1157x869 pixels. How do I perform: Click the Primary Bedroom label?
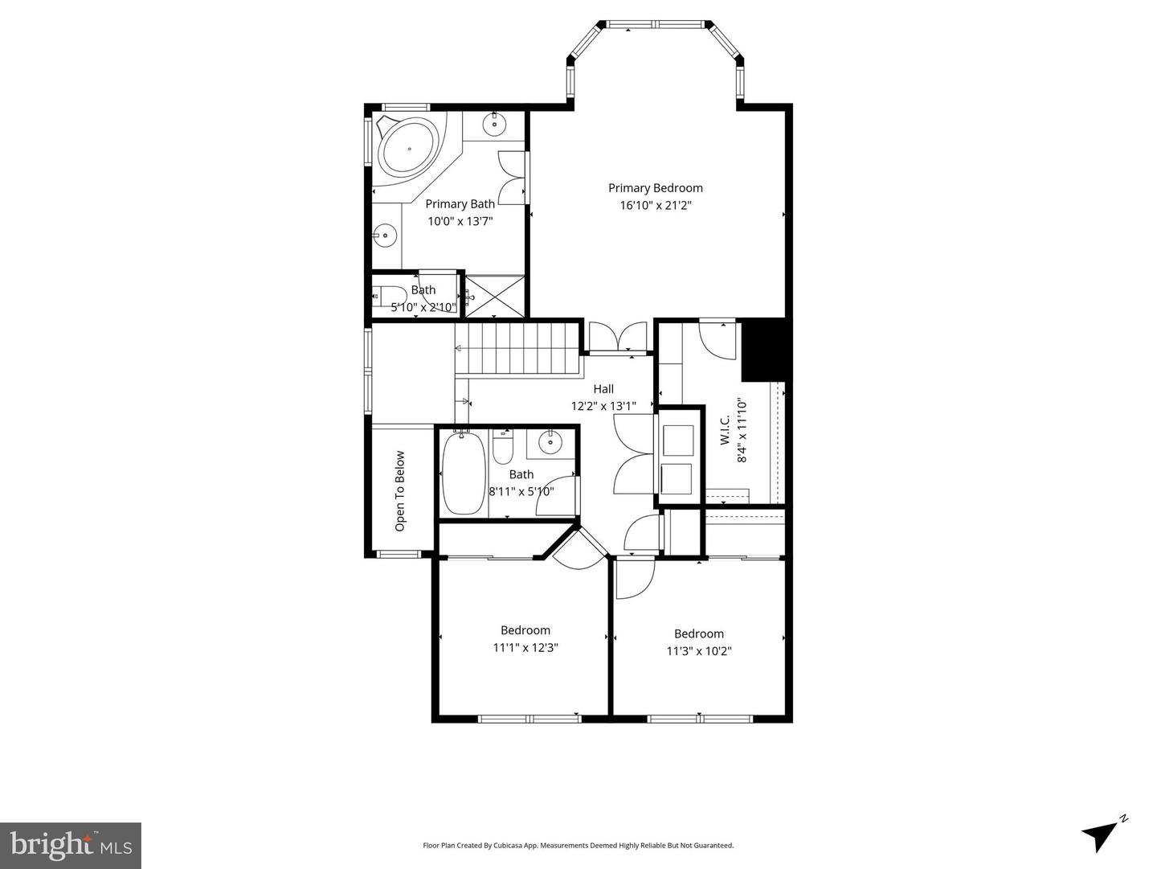pyautogui.click(x=655, y=188)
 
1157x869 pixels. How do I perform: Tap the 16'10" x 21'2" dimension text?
pyautogui.click(x=655, y=205)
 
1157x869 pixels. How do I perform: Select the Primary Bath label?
pyautogui.click(x=460, y=204)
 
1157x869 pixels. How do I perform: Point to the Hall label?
pyautogui.click(x=603, y=389)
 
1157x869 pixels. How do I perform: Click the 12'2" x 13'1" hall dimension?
pyautogui.click(x=603, y=406)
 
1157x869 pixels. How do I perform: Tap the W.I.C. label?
pyautogui.click(x=726, y=430)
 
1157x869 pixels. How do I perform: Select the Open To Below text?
pyautogui.click(x=400, y=491)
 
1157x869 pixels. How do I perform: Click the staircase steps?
pyautogui.click(x=517, y=349)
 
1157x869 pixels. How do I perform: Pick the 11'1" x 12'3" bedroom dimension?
pyautogui.click(x=525, y=648)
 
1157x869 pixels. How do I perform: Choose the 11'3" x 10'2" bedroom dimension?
pyautogui.click(x=699, y=650)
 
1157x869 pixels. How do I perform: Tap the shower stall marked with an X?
pyautogui.click(x=495, y=297)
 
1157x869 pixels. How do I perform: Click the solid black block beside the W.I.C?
pyautogui.click(x=763, y=350)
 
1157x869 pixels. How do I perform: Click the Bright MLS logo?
pyautogui.click(x=71, y=846)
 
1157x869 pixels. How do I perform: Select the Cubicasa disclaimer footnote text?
pyautogui.click(x=578, y=845)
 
